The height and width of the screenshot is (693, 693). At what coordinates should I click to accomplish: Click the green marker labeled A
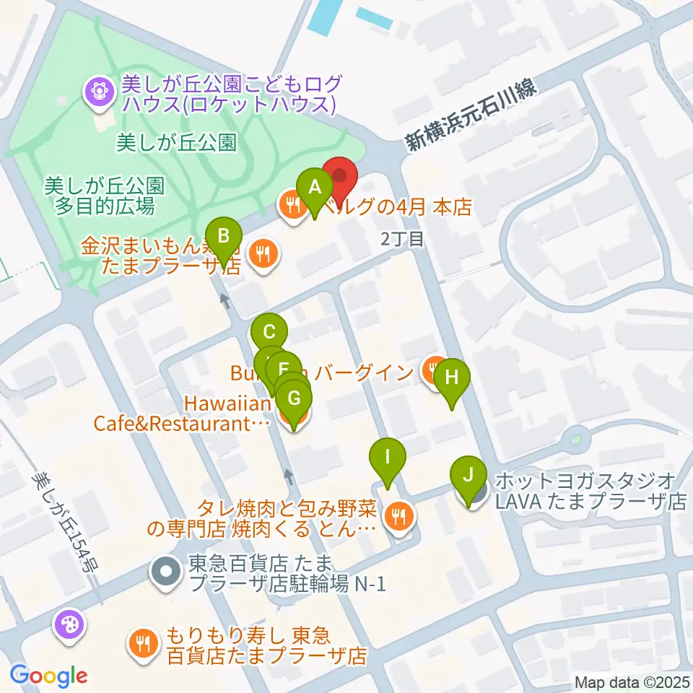click(x=314, y=188)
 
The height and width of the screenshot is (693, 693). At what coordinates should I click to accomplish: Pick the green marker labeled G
click(x=294, y=398)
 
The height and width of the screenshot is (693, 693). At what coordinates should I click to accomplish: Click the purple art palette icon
click(x=69, y=623)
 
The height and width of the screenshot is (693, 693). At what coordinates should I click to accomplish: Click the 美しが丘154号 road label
click(x=66, y=523)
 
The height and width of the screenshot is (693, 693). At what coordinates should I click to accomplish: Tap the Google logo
click(x=49, y=676)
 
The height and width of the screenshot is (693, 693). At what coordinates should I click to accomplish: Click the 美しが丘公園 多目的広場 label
click(x=104, y=196)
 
